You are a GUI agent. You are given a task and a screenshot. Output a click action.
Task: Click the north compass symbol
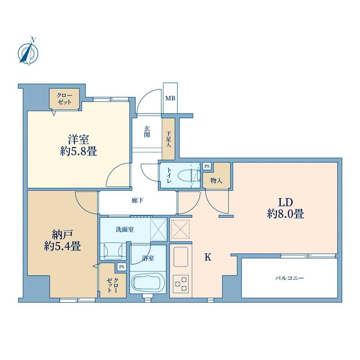tap(28, 52)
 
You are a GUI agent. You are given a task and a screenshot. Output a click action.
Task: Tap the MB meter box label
tap(170, 98)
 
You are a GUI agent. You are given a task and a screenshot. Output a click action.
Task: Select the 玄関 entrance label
tap(147, 131)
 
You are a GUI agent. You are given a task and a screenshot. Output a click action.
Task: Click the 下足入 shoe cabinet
tap(169, 139)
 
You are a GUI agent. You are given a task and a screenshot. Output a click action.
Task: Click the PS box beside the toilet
tap(207, 166)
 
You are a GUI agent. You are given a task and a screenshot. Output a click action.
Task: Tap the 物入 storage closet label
tap(216, 181)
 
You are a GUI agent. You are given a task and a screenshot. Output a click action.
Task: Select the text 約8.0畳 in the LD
tap(285, 214)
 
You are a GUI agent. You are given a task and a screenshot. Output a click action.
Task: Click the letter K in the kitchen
tap(208, 257)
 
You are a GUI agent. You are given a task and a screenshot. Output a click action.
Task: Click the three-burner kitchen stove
tap(181, 284)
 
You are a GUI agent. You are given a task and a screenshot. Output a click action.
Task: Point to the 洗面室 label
tap(125, 229)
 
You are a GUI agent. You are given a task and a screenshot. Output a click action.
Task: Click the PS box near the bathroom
tap(122, 267)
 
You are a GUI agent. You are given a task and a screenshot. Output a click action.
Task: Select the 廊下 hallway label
tap(137, 200)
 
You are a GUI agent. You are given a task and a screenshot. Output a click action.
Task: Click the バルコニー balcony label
tap(289, 278)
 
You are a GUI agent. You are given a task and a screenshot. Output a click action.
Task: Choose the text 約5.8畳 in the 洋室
tap(78, 151)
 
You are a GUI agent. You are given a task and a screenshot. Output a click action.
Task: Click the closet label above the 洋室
tap(65, 99)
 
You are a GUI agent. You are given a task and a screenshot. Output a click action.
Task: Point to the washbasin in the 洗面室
tap(113, 251)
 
